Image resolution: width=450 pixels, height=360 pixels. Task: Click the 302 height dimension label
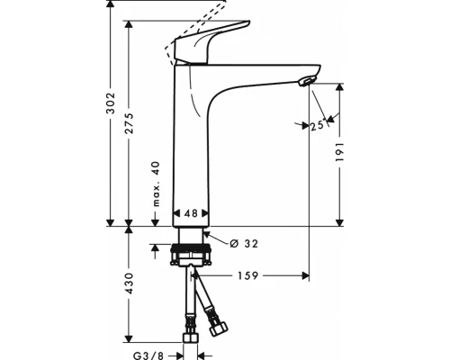click(111, 103)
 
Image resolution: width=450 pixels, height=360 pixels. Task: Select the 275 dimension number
click(129, 123)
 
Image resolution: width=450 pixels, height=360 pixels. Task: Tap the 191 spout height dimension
click(339, 152)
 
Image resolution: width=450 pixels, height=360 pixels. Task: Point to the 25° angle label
click(318, 125)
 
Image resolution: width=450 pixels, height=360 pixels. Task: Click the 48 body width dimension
click(191, 213)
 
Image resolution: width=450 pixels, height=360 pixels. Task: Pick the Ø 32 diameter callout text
click(244, 244)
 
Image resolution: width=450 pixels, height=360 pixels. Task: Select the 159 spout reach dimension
click(248, 275)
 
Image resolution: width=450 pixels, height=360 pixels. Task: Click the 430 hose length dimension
click(129, 283)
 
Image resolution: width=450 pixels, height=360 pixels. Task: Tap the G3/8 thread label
click(148, 355)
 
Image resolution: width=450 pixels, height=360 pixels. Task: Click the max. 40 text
click(156, 184)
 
